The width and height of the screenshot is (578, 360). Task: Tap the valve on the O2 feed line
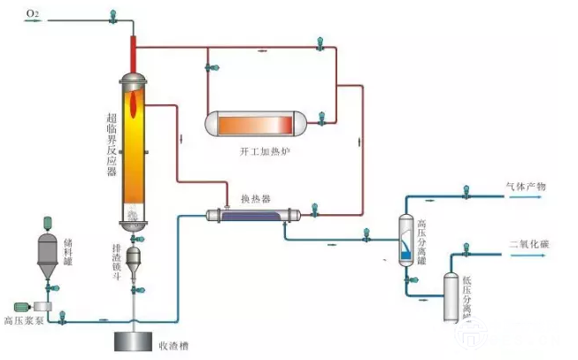112,15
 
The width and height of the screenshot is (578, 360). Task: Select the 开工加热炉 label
264,152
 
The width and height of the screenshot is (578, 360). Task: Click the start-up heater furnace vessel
263,125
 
